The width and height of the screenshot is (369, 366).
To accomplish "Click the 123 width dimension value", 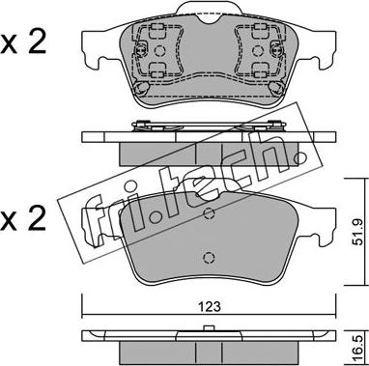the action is click(x=209, y=306).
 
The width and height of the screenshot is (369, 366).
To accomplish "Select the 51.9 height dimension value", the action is click(x=357, y=232).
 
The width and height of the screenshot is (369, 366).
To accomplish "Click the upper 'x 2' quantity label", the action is click(x=23, y=43).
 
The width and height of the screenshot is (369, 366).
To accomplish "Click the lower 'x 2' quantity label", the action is click(x=23, y=220).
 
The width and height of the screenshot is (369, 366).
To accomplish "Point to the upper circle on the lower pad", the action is click(x=210, y=212).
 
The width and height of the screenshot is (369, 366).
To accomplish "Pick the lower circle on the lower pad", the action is click(x=210, y=257).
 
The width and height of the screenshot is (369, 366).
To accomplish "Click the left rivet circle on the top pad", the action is click(x=159, y=50).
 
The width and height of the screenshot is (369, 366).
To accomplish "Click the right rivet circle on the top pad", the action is click(x=257, y=50).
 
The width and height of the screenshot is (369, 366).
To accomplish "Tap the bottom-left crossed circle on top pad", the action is click(x=141, y=88).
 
